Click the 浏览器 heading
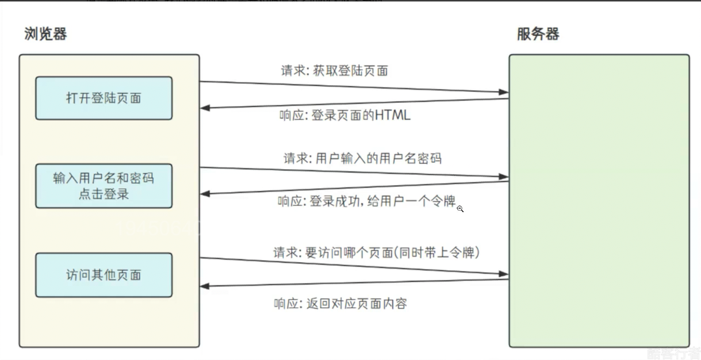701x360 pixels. pyautogui.click(x=45, y=34)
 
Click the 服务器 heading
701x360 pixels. pyautogui.click(x=538, y=34)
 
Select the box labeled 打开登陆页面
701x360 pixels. pyautogui.click(x=104, y=98)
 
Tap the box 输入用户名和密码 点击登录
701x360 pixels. pyautogui.click(x=104, y=185)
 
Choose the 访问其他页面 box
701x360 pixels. pyautogui.click(x=104, y=275)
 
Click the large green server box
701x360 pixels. pyautogui.click(x=599, y=201)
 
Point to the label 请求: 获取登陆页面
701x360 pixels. pyautogui.click(x=334, y=71)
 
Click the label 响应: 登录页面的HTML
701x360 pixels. pyautogui.click(x=345, y=115)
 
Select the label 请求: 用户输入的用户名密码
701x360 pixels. pyautogui.click(x=362, y=158)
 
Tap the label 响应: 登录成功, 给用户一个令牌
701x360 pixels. pyautogui.click(x=366, y=201)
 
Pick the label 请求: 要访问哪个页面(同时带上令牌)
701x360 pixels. pyautogui.click(x=376, y=252)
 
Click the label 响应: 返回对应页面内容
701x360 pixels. pyautogui.click(x=340, y=303)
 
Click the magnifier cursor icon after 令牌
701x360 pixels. pyautogui.click(x=461, y=209)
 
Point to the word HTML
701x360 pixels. pyautogui.click(x=393, y=115)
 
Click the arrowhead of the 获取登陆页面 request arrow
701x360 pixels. pyautogui.click(x=504, y=92)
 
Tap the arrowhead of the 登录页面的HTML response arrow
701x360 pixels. pyautogui.click(x=205, y=108)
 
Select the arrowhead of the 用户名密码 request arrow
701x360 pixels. pyautogui.click(x=504, y=177)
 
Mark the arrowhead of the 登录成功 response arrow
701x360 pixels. pyautogui.click(x=205, y=194)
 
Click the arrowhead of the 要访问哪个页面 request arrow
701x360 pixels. pyautogui.click(x=504, y=273)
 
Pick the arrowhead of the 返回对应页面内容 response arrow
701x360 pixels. pyautogui.click(x=205, y=286)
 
